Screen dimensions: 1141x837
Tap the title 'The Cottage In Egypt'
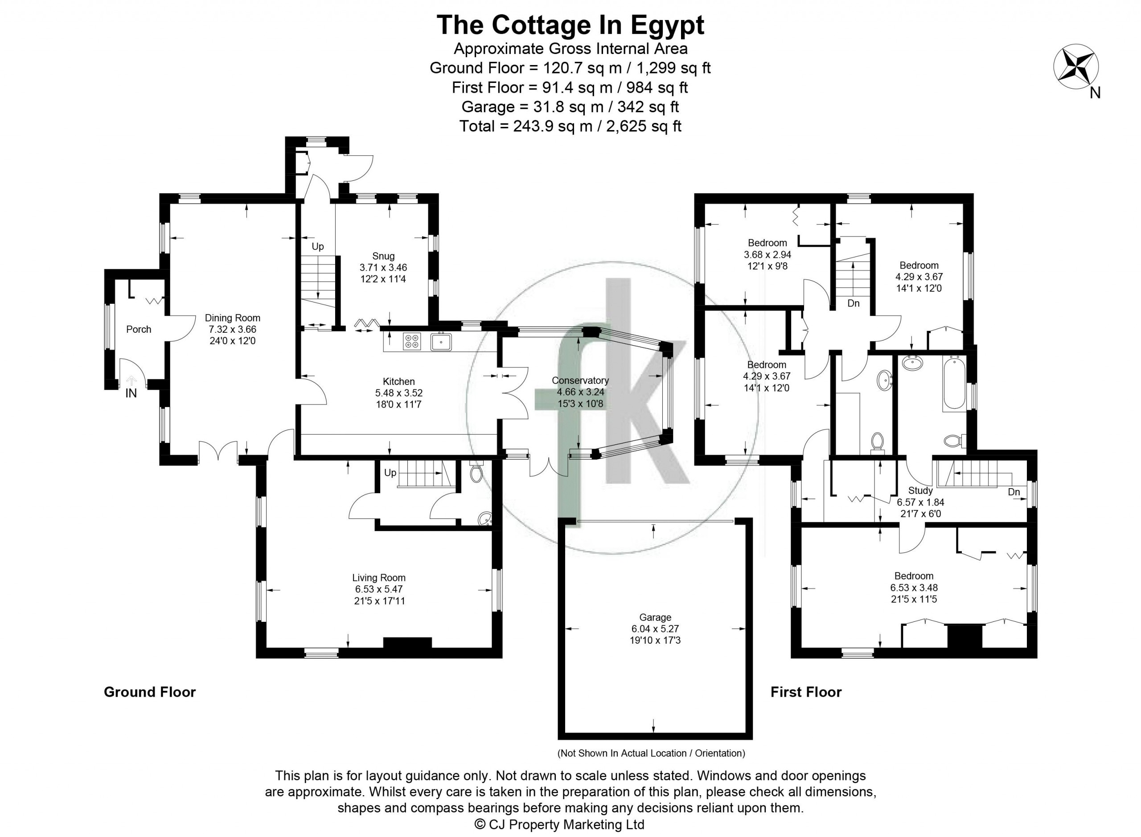[570, 25]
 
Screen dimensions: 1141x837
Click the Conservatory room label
[580, 380]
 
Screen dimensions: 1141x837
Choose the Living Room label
[379, 578]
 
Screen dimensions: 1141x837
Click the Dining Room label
[232, 318]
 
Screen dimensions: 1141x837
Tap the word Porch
[138, 329]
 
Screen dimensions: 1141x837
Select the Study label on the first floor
[920, 490]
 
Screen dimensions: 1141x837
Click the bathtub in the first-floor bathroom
[954, 383]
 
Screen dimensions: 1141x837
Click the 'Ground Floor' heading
[149, 692]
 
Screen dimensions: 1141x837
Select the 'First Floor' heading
[806, 692]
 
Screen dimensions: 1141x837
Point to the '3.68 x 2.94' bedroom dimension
[767, 254]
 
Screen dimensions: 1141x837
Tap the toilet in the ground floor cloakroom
[476, 473]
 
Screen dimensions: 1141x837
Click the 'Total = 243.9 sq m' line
[570, 126]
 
